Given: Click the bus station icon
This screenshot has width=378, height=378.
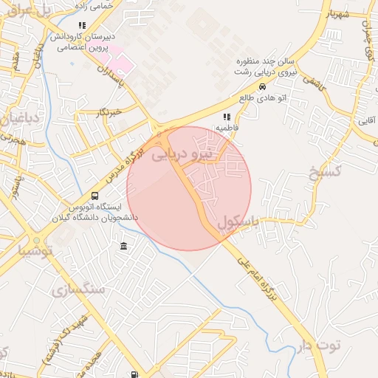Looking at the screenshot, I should click(x=94, y=196).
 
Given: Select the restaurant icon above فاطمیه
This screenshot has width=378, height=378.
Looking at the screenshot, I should click(x=227, y=117).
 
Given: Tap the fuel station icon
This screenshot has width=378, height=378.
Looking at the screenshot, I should click(x=134, y=374).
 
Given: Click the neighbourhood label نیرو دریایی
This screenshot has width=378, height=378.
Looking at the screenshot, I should click(x=182, y=156).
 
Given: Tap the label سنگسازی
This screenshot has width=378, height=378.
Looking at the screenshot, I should click(x=80, y=289).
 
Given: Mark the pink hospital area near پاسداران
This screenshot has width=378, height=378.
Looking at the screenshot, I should click(x=123, y=64).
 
